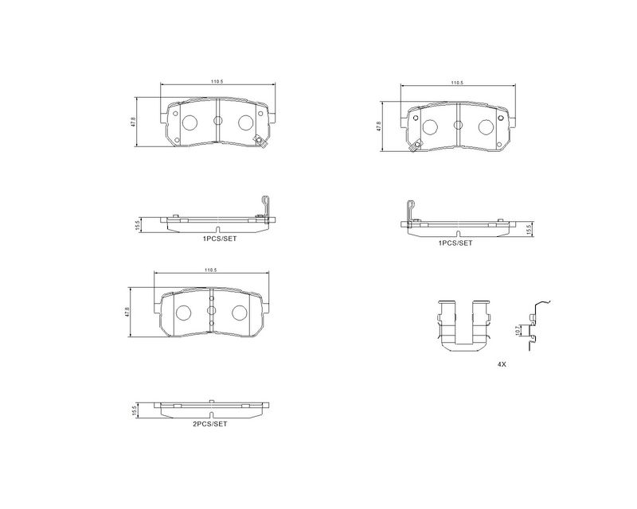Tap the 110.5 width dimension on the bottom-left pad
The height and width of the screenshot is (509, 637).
(210, 270)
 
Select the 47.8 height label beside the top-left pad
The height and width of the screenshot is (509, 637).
(133, 122)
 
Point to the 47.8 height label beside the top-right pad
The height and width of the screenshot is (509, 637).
(379, 126)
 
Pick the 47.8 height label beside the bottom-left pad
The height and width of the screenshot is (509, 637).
(127, 312)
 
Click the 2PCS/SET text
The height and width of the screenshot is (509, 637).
(209, 424)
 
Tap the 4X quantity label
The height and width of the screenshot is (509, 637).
(502, 364)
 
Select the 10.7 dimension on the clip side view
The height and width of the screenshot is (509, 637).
(517, 329)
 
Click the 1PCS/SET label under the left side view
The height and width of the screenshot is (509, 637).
(220, 239)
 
